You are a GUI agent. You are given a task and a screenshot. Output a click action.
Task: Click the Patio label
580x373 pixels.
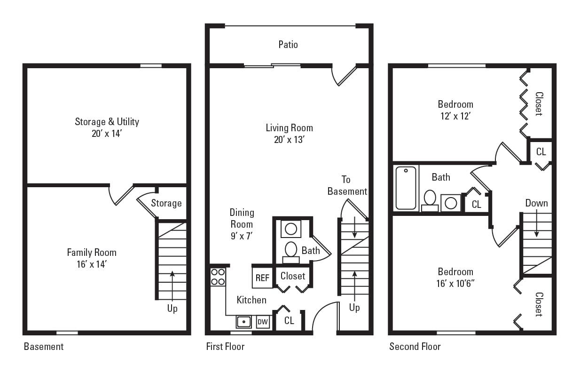pos(288,45)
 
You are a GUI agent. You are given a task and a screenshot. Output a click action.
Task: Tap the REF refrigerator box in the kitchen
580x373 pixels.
pos(262,278)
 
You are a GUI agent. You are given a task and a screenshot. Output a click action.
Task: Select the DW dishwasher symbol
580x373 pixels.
pos(263,322)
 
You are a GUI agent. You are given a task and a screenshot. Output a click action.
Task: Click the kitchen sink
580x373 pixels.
pos(243,322)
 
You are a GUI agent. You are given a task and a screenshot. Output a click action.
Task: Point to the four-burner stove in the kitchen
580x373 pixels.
pos(218,277)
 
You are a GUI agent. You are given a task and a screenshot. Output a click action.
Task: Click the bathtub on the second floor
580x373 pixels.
pos(406,188)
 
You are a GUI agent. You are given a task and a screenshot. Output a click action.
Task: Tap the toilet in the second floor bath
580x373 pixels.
pos(430,199)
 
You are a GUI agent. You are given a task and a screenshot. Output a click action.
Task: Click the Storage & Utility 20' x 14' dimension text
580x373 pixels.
pos(107,134)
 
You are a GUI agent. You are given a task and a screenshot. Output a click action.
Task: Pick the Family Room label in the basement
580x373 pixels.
pos(92,253)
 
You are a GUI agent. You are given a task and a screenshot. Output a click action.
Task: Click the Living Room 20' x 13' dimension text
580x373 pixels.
pos(289,140)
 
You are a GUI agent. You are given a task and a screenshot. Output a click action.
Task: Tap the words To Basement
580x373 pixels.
pos(347,185)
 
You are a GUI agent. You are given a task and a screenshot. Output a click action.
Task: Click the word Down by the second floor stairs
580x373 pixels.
pos(536,203)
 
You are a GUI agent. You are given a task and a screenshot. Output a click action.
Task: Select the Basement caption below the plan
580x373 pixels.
pos(44,347)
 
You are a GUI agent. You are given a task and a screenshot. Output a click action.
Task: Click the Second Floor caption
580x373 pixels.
pos(415,347)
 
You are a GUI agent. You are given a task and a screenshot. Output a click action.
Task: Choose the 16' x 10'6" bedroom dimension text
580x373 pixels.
pos(455,284)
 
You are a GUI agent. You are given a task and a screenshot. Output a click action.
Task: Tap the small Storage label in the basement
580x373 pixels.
pos(166,203)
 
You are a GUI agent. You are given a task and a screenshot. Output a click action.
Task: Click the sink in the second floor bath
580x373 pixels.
pos(451,203)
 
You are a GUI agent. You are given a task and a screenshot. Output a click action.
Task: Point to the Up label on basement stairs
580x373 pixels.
pos(172,309)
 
